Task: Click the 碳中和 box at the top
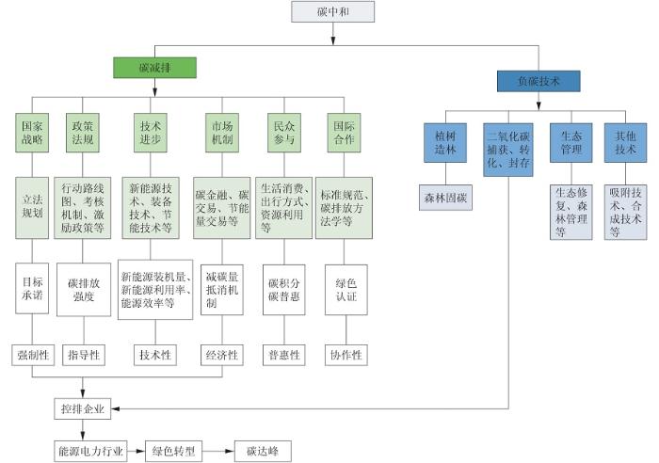click(332, 12)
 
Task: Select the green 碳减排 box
click(154, 68)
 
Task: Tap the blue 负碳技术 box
click(538, 81)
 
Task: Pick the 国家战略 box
click(32, 132)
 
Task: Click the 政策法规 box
click(83, 132)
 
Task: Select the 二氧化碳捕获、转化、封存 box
click(508, 149)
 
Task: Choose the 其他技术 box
click(626, 142)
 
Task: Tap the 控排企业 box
click(83, 408)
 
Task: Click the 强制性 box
click(32, 355)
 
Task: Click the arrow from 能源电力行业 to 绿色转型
click(134, 451)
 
